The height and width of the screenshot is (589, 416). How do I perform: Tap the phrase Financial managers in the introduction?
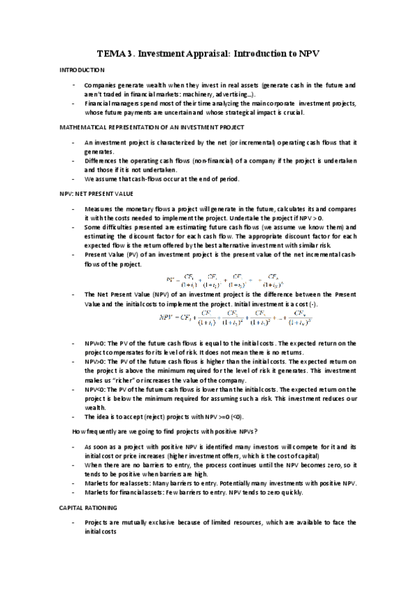tap(109, 103)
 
